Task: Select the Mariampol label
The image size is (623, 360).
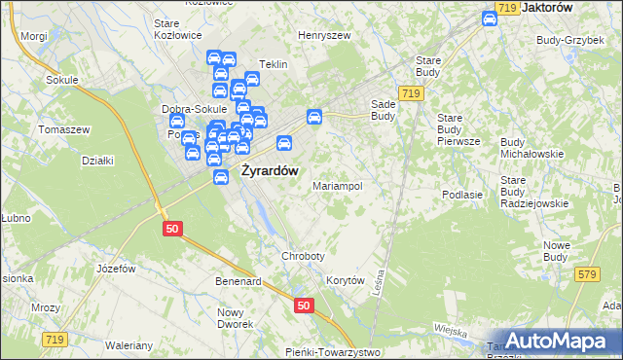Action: tap(337, 185)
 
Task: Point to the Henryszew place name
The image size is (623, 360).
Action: tap(324, 35)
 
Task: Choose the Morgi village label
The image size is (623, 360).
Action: tap(33, 35)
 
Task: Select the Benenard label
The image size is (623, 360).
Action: tap(239, 281)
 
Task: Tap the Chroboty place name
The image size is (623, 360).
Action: tap(302, 256)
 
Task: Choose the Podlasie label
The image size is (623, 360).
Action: tap(462, 195)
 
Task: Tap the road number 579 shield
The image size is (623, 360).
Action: tap(585, 275)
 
